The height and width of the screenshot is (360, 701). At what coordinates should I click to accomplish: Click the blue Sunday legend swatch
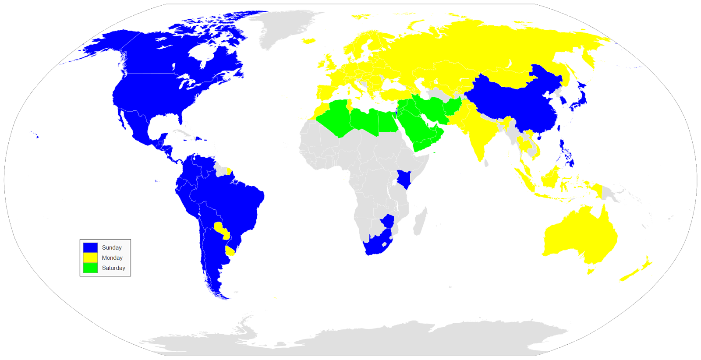tap(90, 247)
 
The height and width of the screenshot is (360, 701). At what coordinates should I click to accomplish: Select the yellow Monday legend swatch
tap(90, 258)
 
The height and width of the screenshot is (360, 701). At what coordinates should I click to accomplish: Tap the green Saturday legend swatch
tap(90, 268)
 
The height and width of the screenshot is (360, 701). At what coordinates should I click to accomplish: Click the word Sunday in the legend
tap(112, 247)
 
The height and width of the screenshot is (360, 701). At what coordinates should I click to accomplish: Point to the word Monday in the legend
tap(112, 258)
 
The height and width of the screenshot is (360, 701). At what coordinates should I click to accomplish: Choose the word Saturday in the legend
tap(113, 268)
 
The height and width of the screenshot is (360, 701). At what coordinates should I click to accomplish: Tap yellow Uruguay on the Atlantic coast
tap(230, 251)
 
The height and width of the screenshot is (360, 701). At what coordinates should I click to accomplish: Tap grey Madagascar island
tap(420, 221)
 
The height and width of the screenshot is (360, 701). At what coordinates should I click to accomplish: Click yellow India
tap(480, 131)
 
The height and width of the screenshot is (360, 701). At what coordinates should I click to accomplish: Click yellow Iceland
tap(309, 41)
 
